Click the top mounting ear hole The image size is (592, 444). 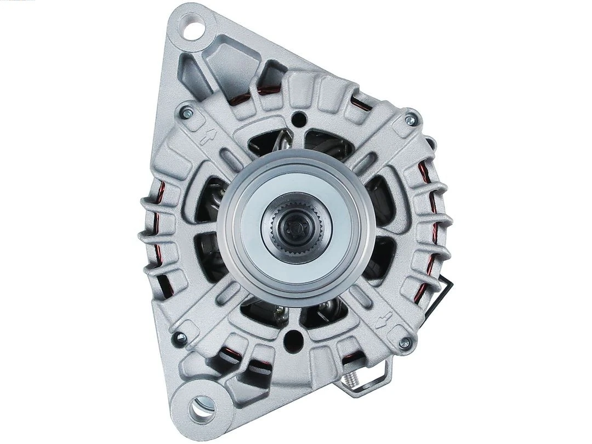(x=194, y=26)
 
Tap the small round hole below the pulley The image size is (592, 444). (x=295, y=335)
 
